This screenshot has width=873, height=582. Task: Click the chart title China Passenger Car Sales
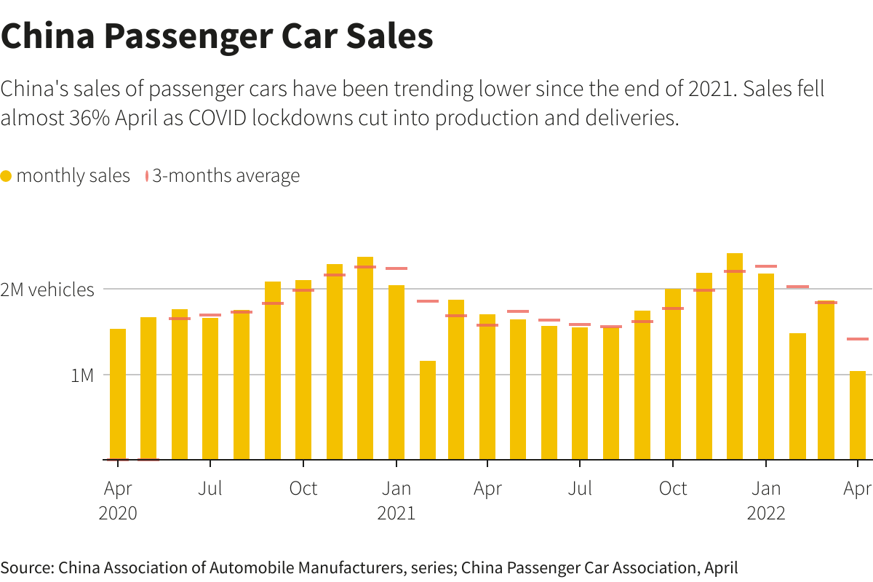pyautogui.click(x=217, y=36)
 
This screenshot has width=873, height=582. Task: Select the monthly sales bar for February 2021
pyautogui.click(x=428, y=410)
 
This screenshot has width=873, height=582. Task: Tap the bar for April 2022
pyautogui.click(x=858, y=415)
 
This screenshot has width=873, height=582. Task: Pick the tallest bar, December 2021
pyautogui.click(x=735, y=356)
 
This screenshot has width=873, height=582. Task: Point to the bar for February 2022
pyautogui.click(x=797, y=396)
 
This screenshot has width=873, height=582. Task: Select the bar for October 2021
pyautogui.click(x=673, y=374)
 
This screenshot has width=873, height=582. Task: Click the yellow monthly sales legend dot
pyautogui.click(x=7, y=176)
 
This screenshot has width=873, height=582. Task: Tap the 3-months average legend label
pyautogui.click(x=226, y=176)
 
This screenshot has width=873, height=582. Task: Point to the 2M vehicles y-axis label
pyautogui.click(x=47, y=290)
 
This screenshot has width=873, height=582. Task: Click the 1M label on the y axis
pyautogui.click(x=82, y=375)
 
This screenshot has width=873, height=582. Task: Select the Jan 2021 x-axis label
pyautogui.click(x=396, y=501)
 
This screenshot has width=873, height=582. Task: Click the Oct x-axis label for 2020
pyautogui.click(x=303, y=488)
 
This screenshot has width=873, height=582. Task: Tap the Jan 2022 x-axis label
pyautogui.click(x=766, y=501)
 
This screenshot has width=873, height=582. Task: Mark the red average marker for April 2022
pyautogui.click(x=858, y=339)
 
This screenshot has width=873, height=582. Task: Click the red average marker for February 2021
pyautogui.click(x=428, y=301)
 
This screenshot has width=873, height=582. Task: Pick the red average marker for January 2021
pyautogui.click(x=396, y=268)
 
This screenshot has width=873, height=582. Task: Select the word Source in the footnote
pyautogui.click(x=26, y=567)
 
